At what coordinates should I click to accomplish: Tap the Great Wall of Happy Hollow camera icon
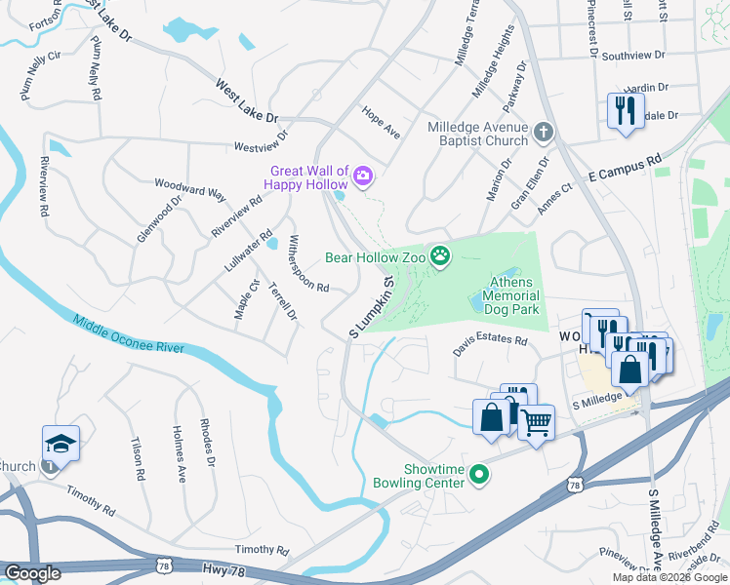pos(363,175)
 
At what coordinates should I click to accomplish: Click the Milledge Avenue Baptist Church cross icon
pos(544,131)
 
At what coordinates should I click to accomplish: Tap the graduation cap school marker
pos(61,445)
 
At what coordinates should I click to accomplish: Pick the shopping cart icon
pos(535,422)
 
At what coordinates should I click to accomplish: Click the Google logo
pos(32,572)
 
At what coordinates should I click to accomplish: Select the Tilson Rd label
pos(138,458)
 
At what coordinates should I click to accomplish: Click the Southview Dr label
pos(632,57)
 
